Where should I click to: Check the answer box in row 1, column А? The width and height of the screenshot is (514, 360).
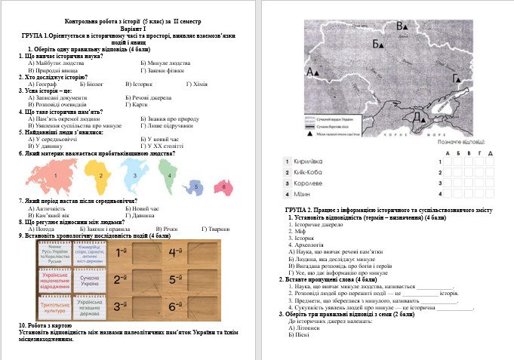click(449, 162)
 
